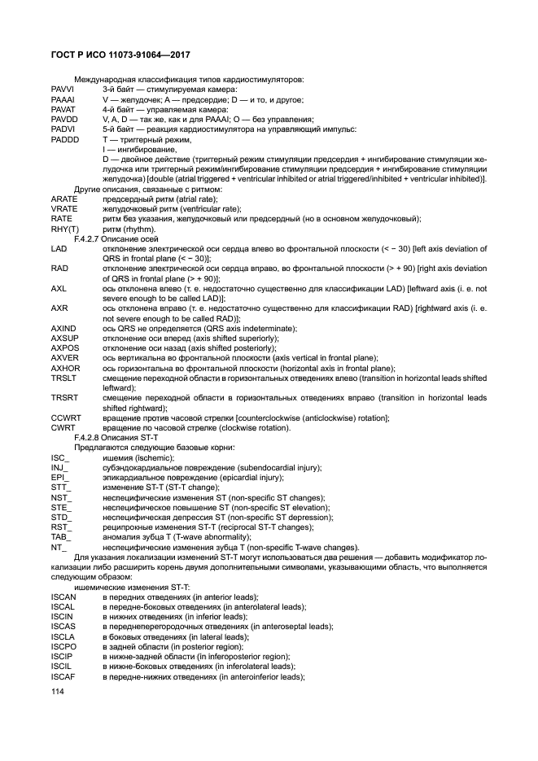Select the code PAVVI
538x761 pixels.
pyautogui.click(x=63, y=90)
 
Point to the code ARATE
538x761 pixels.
pyautogui.click(x=64, y=199)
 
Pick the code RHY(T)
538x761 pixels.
pyautogui.click(x=64, y=229)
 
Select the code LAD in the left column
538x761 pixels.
pyautogui.click(x=59, y=248)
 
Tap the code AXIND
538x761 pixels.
pyautogui.click(x=64, y=328)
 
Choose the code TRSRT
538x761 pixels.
pyautogui.click(x=64, y=397)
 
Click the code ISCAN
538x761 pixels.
pyautogui.click(x=63, y=597)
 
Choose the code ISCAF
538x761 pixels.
pyautogui.click(x=63, y=676)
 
